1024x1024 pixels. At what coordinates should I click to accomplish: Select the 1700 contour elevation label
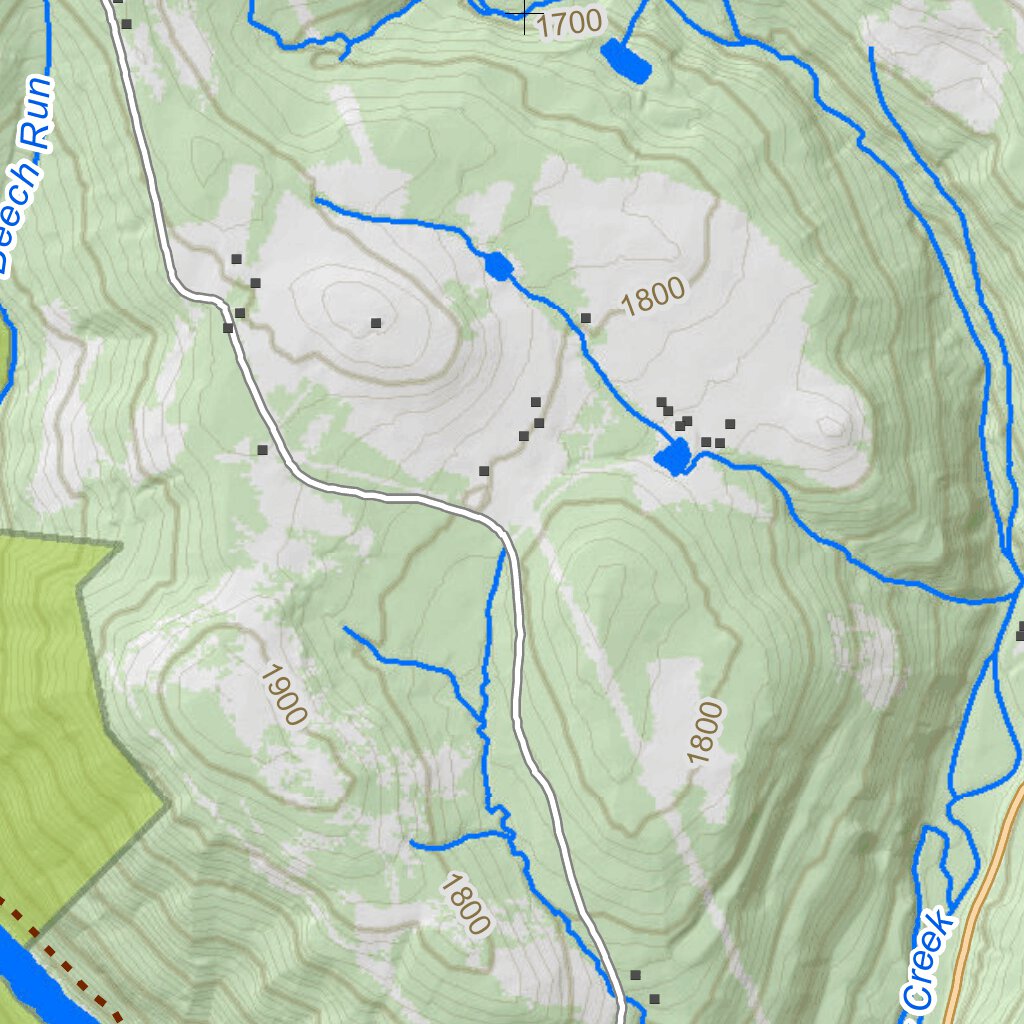(x=570, y=22)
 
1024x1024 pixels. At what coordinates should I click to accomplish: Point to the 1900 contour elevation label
(x=282, y=694)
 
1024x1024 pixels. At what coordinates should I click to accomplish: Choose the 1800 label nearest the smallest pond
(x=655, y=296)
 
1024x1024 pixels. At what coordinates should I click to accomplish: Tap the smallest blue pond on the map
(x=498, y=267)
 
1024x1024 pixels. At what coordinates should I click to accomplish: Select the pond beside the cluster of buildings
(x=673, y=458)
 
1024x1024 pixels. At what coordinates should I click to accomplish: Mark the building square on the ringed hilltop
(x=376, y=322)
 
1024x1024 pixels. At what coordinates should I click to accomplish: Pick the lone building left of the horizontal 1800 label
(x=586, y=318)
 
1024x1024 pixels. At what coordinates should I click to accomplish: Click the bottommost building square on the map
(x=655, y=999)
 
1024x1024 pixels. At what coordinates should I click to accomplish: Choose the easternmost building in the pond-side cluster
(x=730, y=424)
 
